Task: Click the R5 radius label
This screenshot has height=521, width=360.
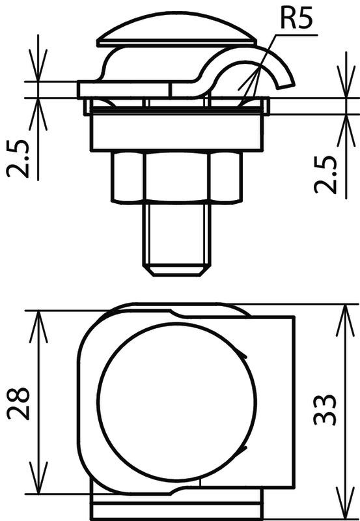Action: click(x=297, y=19)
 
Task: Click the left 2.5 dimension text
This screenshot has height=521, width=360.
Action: click(x=18, y=159)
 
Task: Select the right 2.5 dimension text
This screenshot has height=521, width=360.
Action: click(x=325, y=175)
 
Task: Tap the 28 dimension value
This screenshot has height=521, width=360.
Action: click(x=18, y=403)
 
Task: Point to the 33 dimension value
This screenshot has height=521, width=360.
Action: click(x=325, y=410)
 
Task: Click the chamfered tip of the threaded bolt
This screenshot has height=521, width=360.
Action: click(x=177, y=271)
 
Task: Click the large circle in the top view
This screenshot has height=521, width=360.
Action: click(x=176, y=402)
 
